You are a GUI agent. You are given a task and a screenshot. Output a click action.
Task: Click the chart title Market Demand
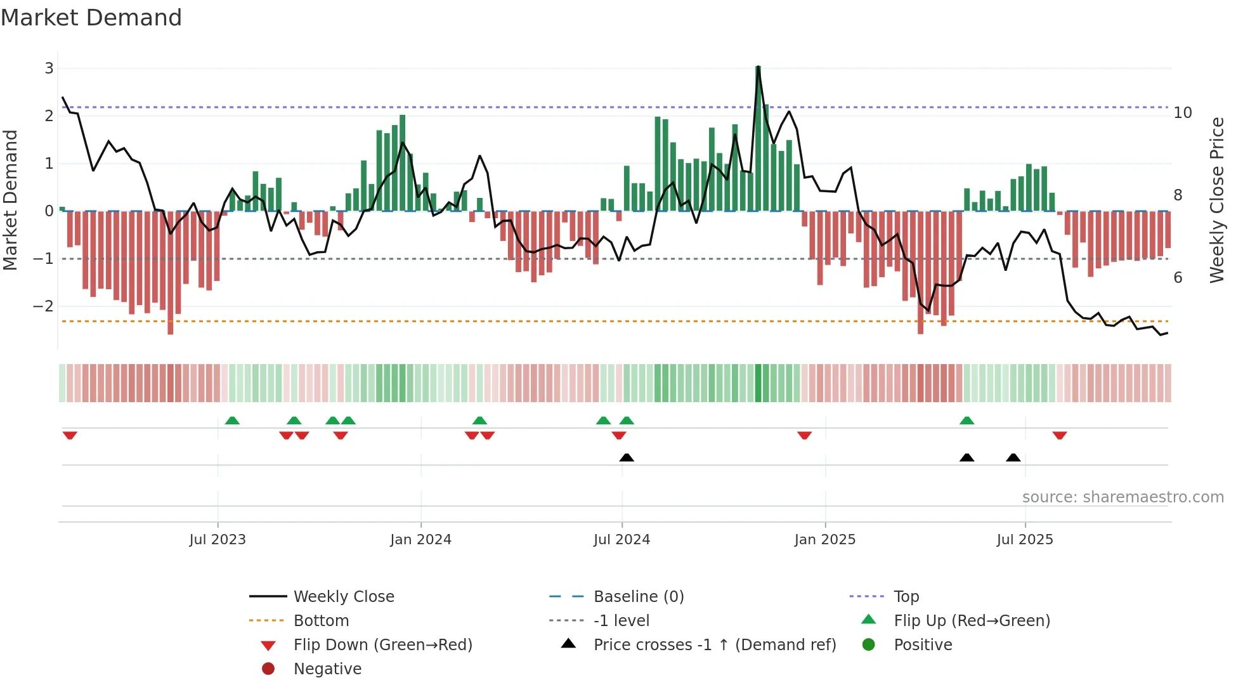pos(91,18)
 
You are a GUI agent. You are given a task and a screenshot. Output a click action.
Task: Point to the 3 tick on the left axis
pos(49,68)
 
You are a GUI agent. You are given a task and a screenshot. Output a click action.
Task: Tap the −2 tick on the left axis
pos(44,306)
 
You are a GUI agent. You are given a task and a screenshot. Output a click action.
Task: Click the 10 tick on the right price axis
pos(1183,113)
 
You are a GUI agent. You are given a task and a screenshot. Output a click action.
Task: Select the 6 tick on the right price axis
pos(1178,278)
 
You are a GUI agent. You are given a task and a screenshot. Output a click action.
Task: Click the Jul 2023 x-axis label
pos(218,540)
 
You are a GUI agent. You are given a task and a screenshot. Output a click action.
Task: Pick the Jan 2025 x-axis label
pos(824,540)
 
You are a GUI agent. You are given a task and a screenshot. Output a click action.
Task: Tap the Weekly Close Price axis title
pos(1216,200)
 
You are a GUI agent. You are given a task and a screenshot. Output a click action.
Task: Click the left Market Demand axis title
pos(11,200)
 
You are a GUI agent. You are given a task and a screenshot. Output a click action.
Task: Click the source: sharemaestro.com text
pos(1123,497)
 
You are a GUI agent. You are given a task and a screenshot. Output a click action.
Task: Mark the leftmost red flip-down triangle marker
pos(70,435)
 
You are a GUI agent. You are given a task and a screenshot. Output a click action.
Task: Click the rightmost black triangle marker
pos(1013,457)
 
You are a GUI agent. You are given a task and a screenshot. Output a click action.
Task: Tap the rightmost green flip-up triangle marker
pos(966,421)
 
